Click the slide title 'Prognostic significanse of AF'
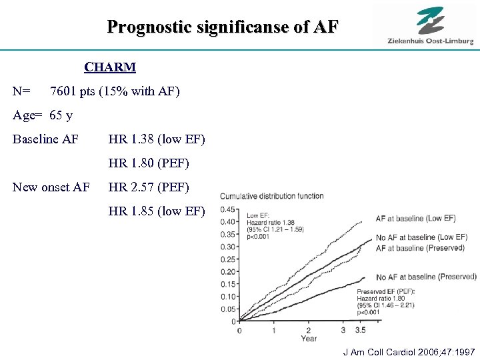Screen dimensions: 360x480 pos(223,27)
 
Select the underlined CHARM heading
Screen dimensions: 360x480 pos(110,67)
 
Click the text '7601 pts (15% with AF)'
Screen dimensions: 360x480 pos(115,91)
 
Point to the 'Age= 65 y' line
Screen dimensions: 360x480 pos(43,115)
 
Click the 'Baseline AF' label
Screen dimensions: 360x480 pos(45,139)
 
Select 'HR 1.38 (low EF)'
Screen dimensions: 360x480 pos(157,139)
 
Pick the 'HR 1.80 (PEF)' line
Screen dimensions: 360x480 pos(149,163)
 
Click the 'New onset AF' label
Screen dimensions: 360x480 pos(51,187)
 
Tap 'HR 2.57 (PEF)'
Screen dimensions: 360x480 pos(149,187)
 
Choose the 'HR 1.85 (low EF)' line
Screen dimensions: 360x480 pos(157,212)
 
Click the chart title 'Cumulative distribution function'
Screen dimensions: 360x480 pos(271,196)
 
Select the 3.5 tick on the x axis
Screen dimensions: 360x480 pos(359,330)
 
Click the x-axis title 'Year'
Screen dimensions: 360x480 pos(309,338)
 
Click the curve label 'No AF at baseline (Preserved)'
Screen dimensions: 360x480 pos(426,277)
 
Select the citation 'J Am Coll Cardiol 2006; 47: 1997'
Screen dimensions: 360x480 pos(409,351)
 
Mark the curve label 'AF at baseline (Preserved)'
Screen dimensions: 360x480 pos(420,248)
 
